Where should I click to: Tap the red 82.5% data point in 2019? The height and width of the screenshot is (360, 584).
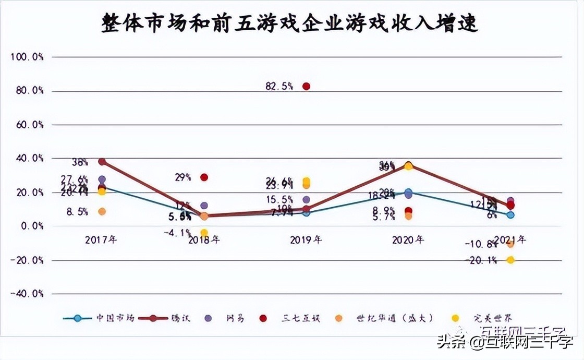pos(307,87)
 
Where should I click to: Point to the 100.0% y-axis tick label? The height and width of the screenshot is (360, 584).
pos(27,57)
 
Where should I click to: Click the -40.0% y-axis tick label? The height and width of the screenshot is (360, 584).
pos(27,294)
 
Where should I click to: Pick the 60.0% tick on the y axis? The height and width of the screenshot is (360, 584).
pos(27,125)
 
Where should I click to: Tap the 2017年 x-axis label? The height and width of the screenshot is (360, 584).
pos(101,240)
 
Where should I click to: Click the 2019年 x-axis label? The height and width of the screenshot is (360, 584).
pos(306,240)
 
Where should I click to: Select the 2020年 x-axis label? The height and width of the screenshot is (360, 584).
pos(408,240)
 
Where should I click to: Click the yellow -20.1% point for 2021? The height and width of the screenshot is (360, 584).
pos(510,260)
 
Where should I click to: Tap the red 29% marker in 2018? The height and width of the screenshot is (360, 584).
pos(204,177)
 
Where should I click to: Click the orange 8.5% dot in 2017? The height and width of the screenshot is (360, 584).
pos(102,211)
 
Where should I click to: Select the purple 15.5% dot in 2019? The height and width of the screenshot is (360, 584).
pos(307,200)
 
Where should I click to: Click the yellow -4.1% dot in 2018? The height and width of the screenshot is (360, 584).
pos(204,233)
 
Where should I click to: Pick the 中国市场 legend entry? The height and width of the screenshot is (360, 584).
pos(99,318)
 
